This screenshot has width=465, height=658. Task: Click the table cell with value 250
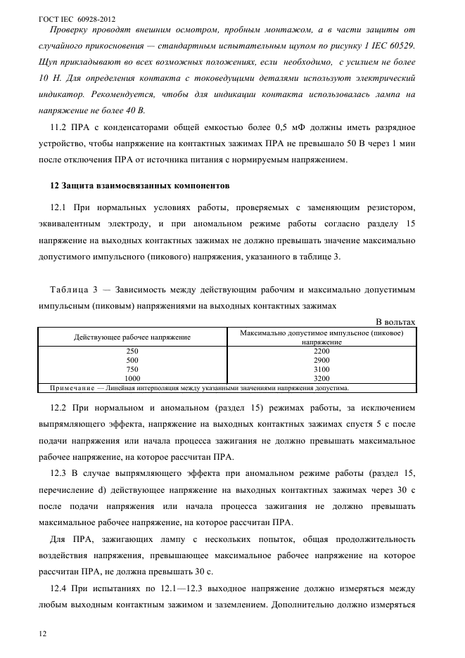click(x=132, y=350)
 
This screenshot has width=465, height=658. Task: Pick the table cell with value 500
click(x=132, y=359)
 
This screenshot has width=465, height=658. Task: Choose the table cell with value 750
click(x=132, y=368)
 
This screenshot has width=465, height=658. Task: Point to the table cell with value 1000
click(x=132, y=378)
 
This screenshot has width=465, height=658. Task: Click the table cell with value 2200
click(x=321, y=350)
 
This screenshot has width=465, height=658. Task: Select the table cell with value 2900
click(x=321, y=359)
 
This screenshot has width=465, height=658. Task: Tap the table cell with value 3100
click(x=321, y=368)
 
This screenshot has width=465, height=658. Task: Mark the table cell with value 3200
click(x=321, y=378)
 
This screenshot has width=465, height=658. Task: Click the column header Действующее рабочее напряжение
click(x=132, y=337)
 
